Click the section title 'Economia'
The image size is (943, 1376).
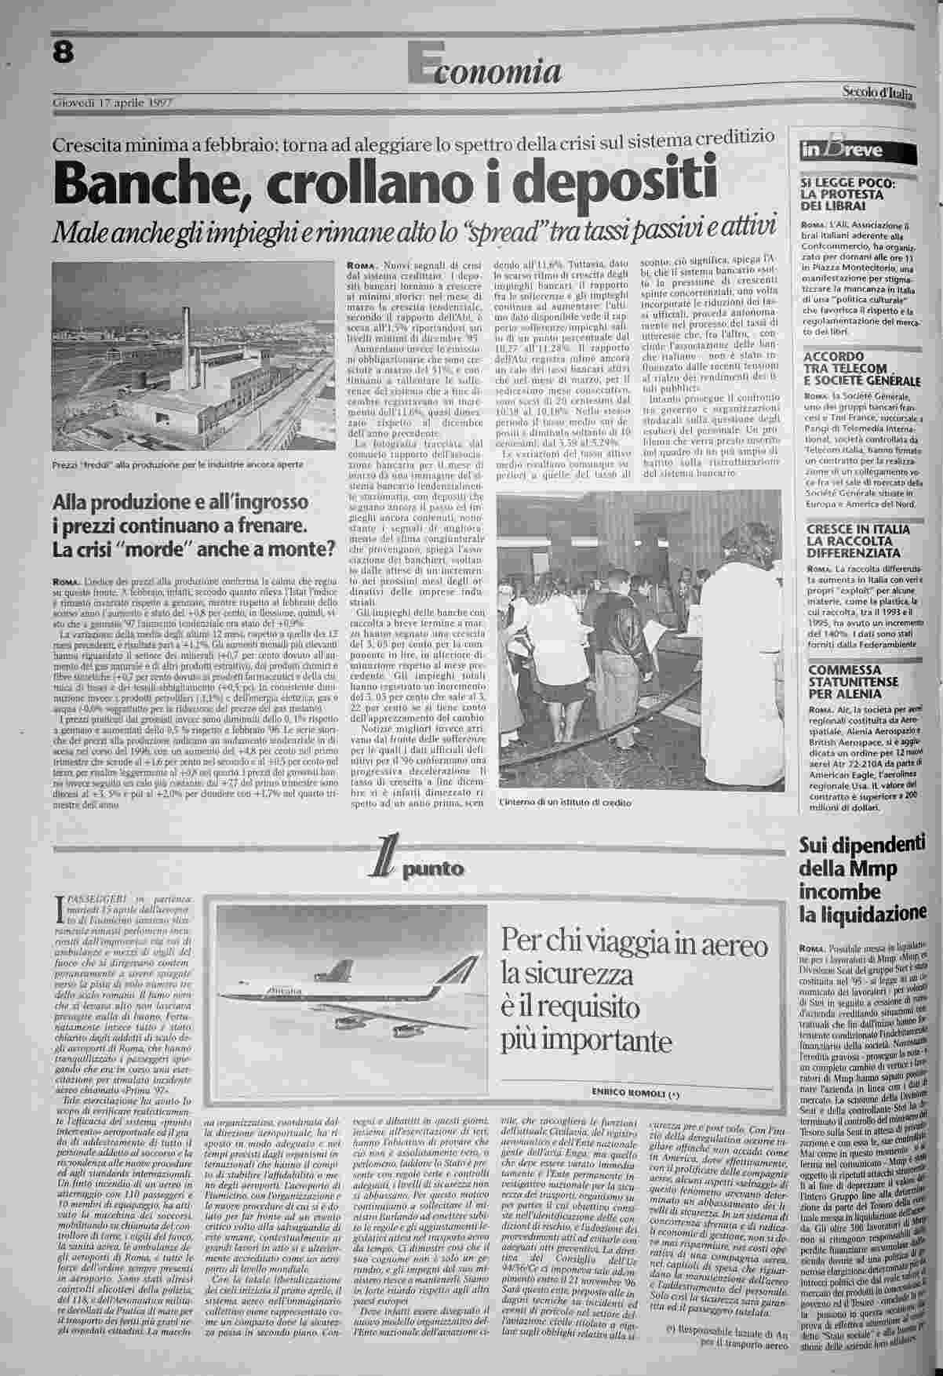point(486,71)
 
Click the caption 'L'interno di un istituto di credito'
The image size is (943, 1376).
point(564,803)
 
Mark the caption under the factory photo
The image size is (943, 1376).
point(177,464)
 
